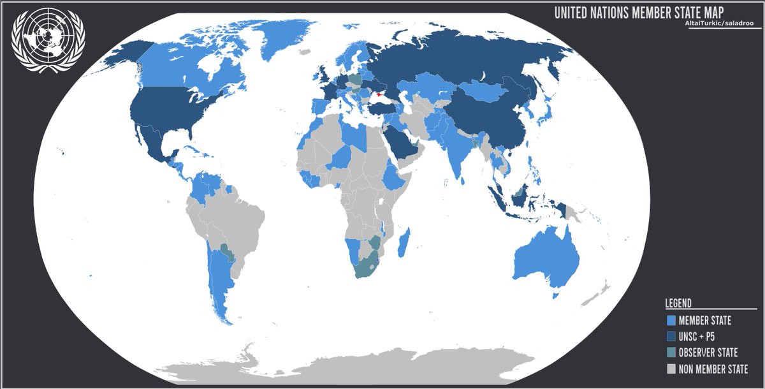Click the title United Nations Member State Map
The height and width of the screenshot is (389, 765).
point(639,13)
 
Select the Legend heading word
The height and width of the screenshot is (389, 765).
point(678,304)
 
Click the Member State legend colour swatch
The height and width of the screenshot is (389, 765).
point(670,320)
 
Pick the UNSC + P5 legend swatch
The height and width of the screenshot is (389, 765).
point(670,337)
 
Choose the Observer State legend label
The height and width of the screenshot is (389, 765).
point(708,353)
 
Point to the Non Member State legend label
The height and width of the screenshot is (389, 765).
point(713,369)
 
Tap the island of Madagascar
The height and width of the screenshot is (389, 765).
point(403,245)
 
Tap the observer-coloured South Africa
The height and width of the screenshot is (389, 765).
point(366,268)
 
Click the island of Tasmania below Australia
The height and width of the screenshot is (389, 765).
point(555,294)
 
